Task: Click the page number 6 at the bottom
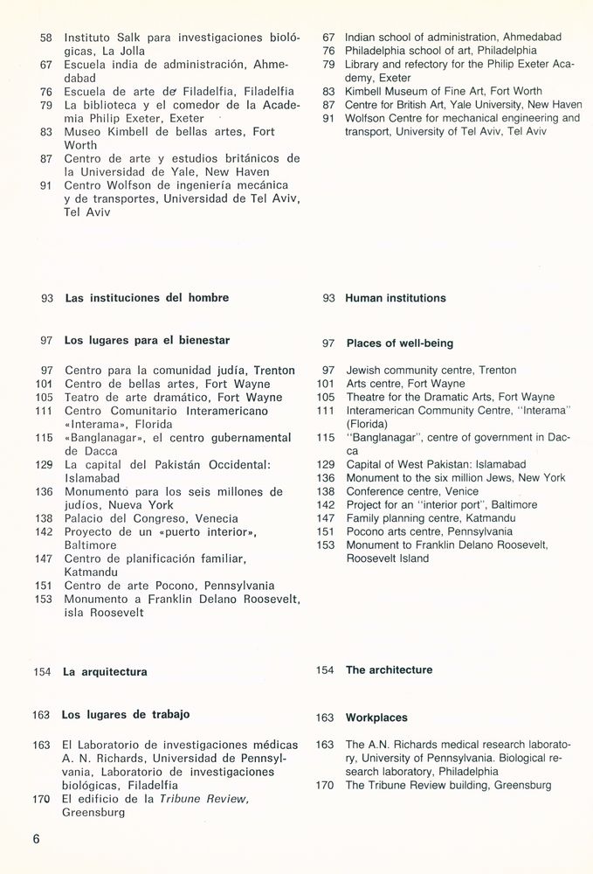coord(37,840)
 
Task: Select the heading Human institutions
coord(395,298)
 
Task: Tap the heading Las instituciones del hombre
coord(147,298)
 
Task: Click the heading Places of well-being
coord(399,343)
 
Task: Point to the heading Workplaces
coord(376,718)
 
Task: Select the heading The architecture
coord(389,670)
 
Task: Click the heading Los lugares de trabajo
coord(126,715)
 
